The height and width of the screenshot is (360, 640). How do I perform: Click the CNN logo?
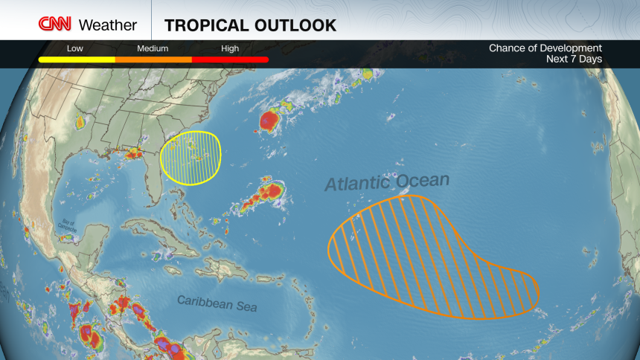point(55,24)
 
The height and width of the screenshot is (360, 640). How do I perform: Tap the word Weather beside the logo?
point(108,25)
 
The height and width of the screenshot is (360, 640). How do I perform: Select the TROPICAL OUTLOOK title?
point(250,25)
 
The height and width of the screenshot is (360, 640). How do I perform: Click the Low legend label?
point(75,48)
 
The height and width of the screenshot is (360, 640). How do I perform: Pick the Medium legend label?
point(153,48)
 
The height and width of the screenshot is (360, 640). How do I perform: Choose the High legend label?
point(230,48)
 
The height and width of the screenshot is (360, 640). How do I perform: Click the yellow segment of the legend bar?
point(77,60)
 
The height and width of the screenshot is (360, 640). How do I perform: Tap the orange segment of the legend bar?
point(153,60)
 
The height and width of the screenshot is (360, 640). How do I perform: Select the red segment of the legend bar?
point(230,60)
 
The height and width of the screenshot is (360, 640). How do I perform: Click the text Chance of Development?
point(545,48)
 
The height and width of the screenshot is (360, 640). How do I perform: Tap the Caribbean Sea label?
point(217,302)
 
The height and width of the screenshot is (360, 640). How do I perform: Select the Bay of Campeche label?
point(68,225)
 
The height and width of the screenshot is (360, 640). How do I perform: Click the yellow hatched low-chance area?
point(192,157)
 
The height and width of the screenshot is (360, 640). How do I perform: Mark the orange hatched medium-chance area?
point(424,257)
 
